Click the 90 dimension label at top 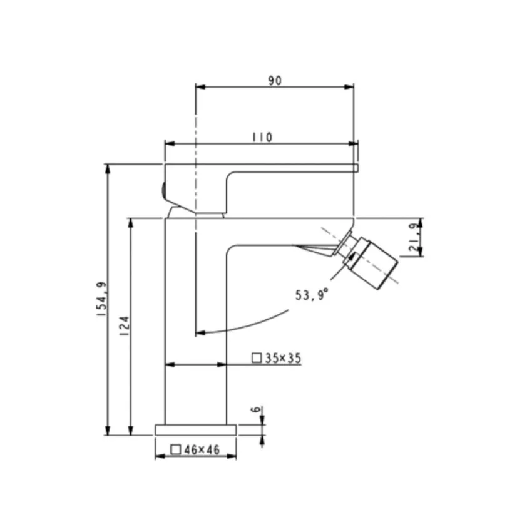coord(275,81)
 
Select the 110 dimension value coord(262,138)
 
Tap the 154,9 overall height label coord(102,299)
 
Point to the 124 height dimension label coord(125,326)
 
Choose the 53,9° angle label coord(312,295)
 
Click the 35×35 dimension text coord(284,358)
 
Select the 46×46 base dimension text coord(202,450)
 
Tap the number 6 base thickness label coord(257,409)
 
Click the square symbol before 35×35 coord(257,358)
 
